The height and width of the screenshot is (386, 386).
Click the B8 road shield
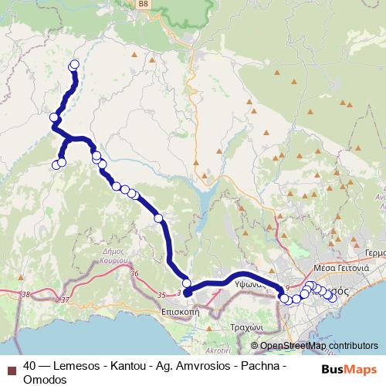coord(144,4)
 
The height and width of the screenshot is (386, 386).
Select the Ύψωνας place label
coord(250,283)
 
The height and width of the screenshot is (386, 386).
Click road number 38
coord(29,294)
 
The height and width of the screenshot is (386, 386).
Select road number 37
coord(64,300)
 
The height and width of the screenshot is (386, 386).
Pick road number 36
coord(134,273)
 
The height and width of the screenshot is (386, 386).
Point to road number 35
coord(161,295)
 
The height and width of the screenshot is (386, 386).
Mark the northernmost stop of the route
coord(75,65)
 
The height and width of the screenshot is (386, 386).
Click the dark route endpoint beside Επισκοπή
coord(188,293)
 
